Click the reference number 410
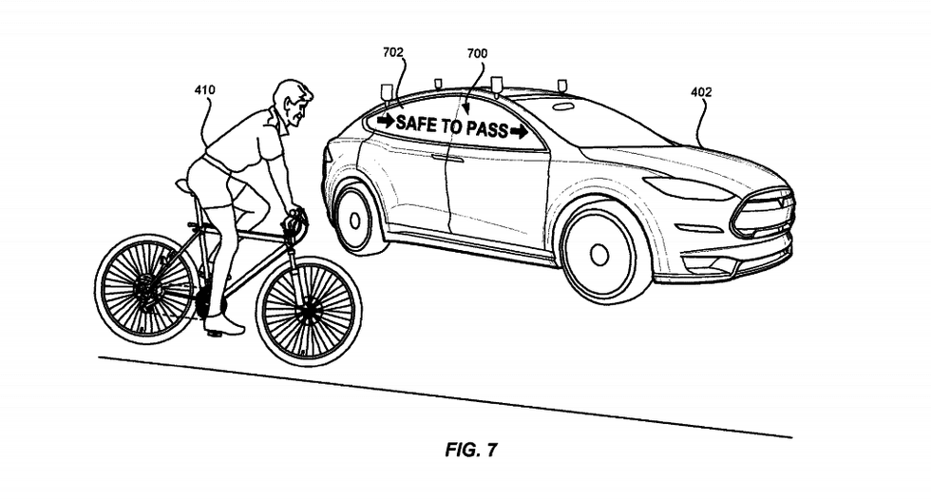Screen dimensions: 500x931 (x=204, y=90)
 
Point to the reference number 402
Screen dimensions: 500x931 (x=701, y=92)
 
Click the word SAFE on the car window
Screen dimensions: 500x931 (x=416, y=123)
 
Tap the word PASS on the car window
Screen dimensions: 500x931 (x=485, y=128)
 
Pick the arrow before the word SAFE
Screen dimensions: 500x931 (x=386, y=121)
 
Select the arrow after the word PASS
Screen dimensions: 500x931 (x=519, y=131)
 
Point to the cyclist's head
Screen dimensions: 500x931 (x=293, y=103)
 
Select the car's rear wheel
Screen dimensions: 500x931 (x=357, y=219)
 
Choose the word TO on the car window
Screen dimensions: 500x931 (x=450, y=125)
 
